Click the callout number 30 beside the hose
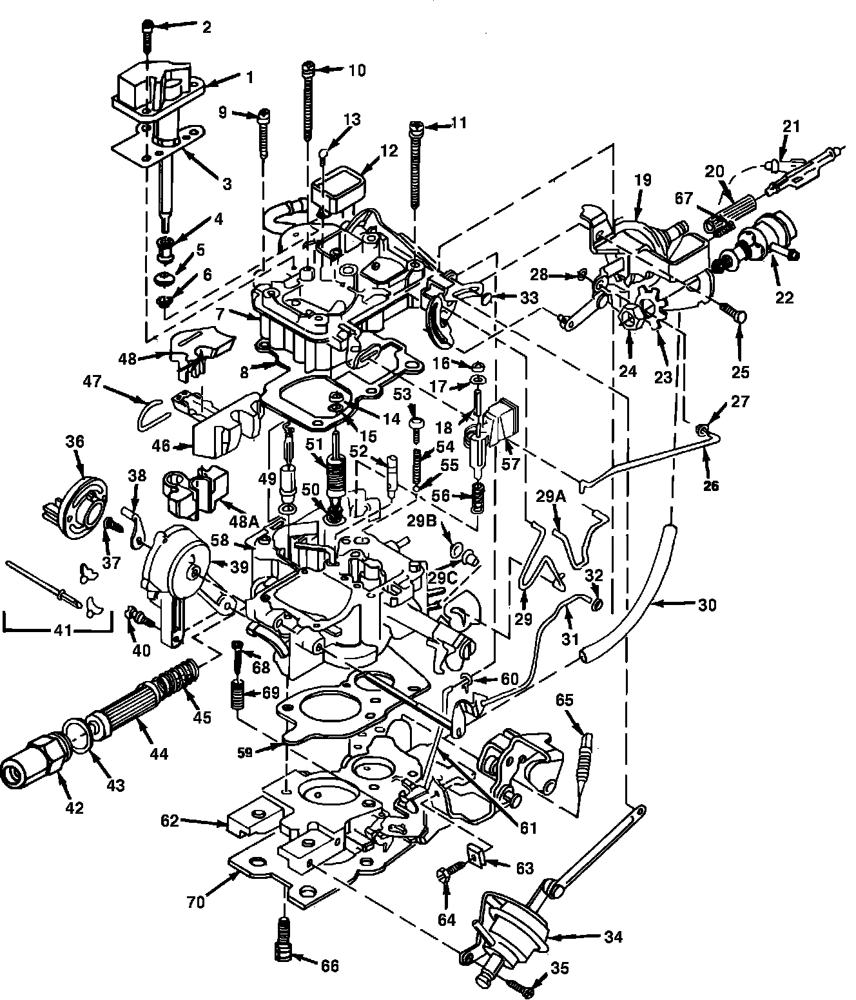(706, 604)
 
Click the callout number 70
(196, 902)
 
